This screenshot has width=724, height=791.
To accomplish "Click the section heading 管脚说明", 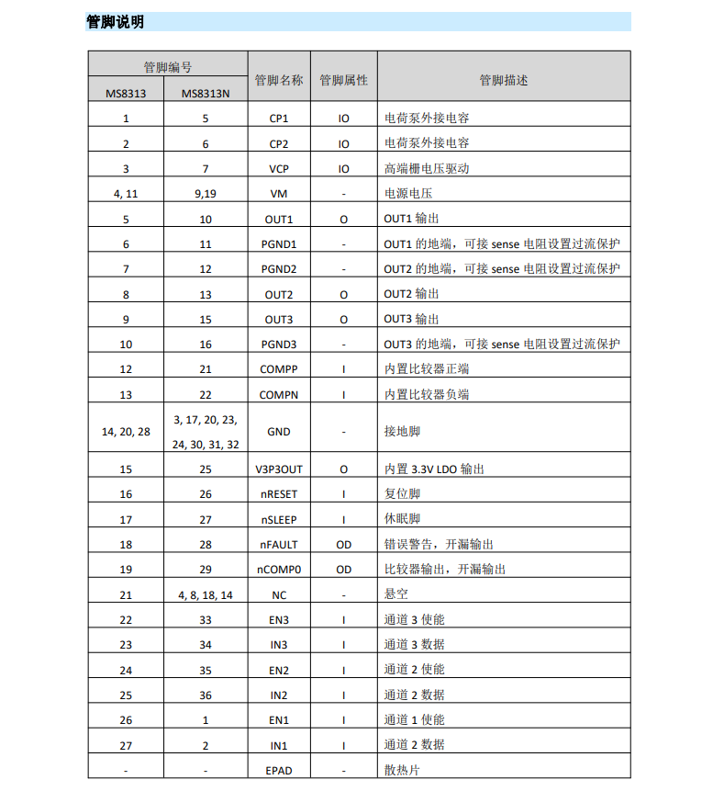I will pos(115,22).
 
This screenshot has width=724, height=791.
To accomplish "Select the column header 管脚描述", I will pos(504,80).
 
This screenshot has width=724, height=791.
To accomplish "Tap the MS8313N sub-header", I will pos(206,93).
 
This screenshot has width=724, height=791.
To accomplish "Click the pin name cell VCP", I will pos(279,169).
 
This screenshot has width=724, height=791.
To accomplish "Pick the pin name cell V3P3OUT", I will pos(279,469).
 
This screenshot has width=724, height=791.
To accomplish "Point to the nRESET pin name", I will pos(279,494).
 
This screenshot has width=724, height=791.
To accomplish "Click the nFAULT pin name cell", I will pos(279,545).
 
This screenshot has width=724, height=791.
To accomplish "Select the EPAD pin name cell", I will pos(279,770).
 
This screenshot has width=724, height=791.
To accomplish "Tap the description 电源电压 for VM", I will pos(407,194).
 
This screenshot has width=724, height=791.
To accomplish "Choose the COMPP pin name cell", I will pos(279,369).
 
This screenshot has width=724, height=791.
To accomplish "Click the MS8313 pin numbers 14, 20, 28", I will pos(126,432).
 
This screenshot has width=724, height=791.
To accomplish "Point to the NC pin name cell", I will pos(279,595).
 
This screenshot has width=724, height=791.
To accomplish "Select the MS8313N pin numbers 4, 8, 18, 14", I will pos(206,595).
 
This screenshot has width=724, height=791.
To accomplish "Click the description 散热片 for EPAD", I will pos(402,770).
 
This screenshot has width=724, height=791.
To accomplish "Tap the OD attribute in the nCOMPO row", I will pos(344,570).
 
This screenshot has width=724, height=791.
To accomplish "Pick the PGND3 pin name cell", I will pos(279,345).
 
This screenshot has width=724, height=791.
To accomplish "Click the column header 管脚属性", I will pos(344,80).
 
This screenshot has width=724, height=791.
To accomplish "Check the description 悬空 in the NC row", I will pos(396,595).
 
